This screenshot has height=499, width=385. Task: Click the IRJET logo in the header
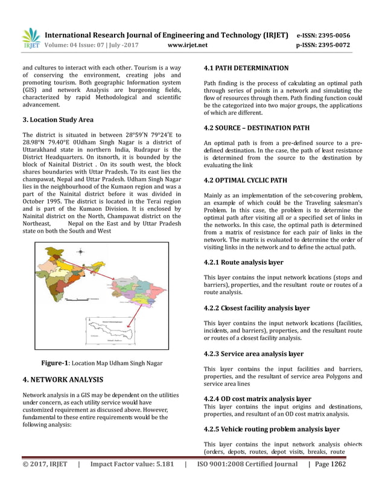click(x=30, y=38)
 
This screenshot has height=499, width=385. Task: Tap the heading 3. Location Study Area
click(x=58, y=120)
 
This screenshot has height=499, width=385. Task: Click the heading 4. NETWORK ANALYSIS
click(x=62, y=380)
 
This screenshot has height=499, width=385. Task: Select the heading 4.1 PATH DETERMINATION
click(x=246, y=68)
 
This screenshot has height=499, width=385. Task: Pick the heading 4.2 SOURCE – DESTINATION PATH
click(x=256, y=128)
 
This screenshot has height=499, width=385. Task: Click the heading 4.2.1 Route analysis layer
click(x=243, y=263)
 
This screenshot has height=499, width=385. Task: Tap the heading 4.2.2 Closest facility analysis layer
click(x=256, y=308)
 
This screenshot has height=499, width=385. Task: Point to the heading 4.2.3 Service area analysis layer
click(x=253, y=353)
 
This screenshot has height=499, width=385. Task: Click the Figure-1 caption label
click(x=54, y=362)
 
